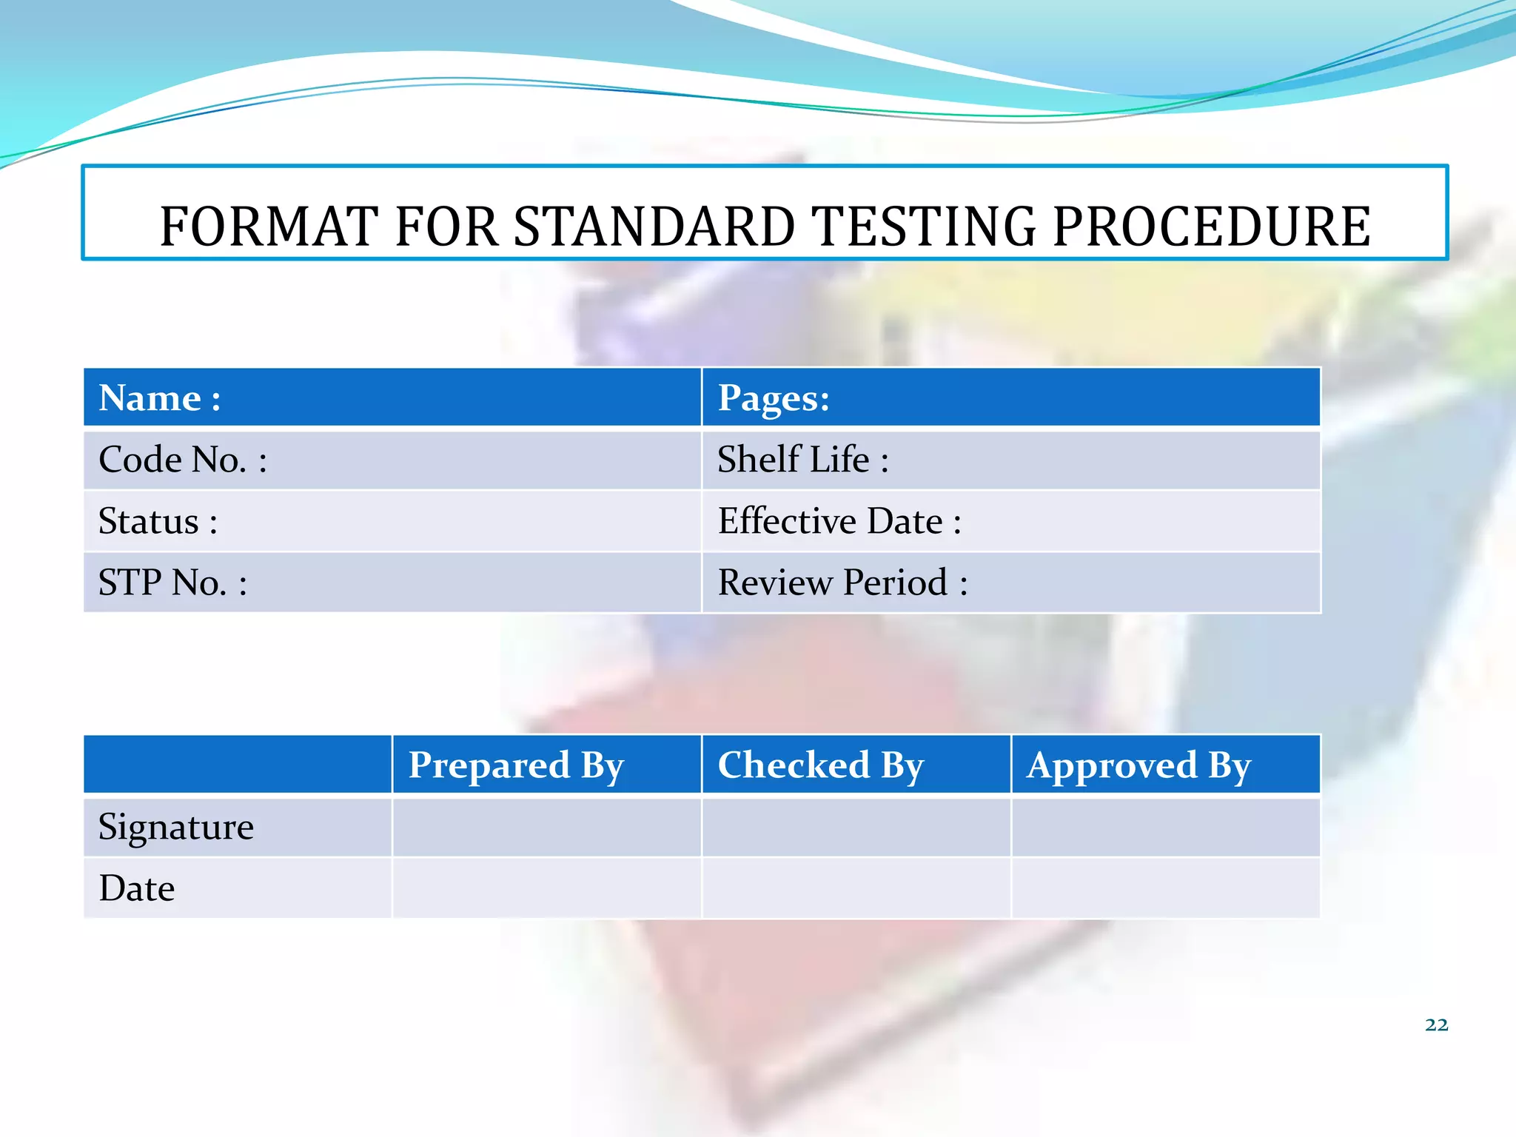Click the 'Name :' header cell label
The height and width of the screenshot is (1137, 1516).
(x=160, y=398)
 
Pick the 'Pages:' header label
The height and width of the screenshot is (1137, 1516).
(x=774, y=398)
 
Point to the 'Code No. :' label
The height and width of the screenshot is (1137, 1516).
(x=183, y=460)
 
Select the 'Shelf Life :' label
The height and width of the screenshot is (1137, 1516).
(x=803, y=460)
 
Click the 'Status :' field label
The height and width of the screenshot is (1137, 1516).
(x=158, y=521)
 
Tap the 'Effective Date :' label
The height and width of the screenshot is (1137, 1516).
(x=839, y=521)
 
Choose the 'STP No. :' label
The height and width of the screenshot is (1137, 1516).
(x=172, y=583)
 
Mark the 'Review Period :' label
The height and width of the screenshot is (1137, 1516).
(x=842, y=583)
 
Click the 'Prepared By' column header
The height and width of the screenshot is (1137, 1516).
(x=516, y=765)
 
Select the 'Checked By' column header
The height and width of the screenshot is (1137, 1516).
(x=821, y=765)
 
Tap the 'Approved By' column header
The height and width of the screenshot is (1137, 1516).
(x=1138, y=765)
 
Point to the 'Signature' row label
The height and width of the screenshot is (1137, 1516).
(x=176, y=827)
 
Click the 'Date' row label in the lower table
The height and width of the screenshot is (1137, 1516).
(x=137, y=888)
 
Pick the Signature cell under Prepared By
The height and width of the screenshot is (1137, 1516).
(x=546, y=827)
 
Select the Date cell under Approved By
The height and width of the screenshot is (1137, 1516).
(x=1165, y=888)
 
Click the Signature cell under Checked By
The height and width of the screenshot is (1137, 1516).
(x=856, y=827)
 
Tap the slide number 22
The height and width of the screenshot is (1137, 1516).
(x=1436, y=1024)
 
